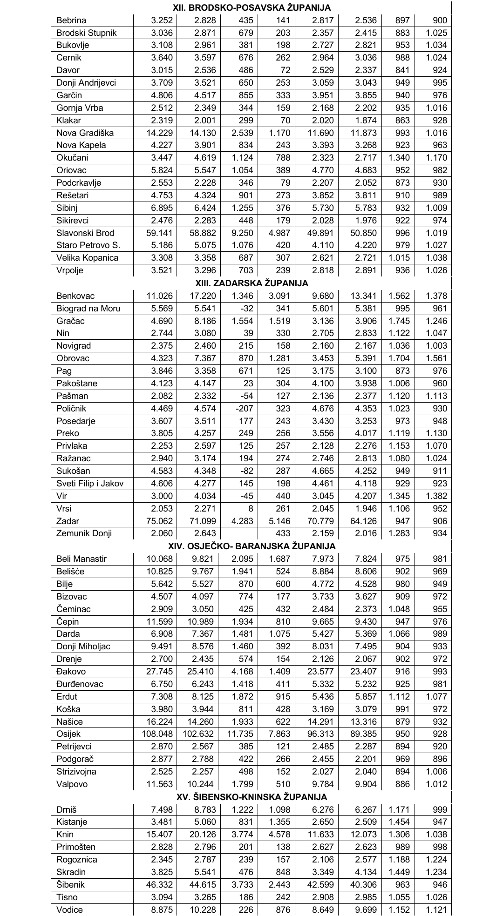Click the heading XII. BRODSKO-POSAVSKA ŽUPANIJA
click(251, 8)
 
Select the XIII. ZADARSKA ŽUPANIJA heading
click(251, 283)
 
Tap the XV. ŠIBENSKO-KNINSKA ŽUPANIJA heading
click(251, 797)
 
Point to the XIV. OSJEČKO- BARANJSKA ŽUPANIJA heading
click(251, 546)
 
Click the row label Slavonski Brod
click(85, 233)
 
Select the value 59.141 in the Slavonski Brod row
click(159, 233)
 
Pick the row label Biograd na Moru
click(88, 308)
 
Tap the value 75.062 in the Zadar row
click(159, 521)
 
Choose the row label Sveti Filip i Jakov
click(90, 483)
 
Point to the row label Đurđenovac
click(80, 684)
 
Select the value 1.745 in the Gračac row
click(399, 321)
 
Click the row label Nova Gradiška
click(85, 133)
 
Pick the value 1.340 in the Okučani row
click(399, 158)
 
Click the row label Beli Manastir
click(82, 559)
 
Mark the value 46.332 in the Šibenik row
click(159, 884)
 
